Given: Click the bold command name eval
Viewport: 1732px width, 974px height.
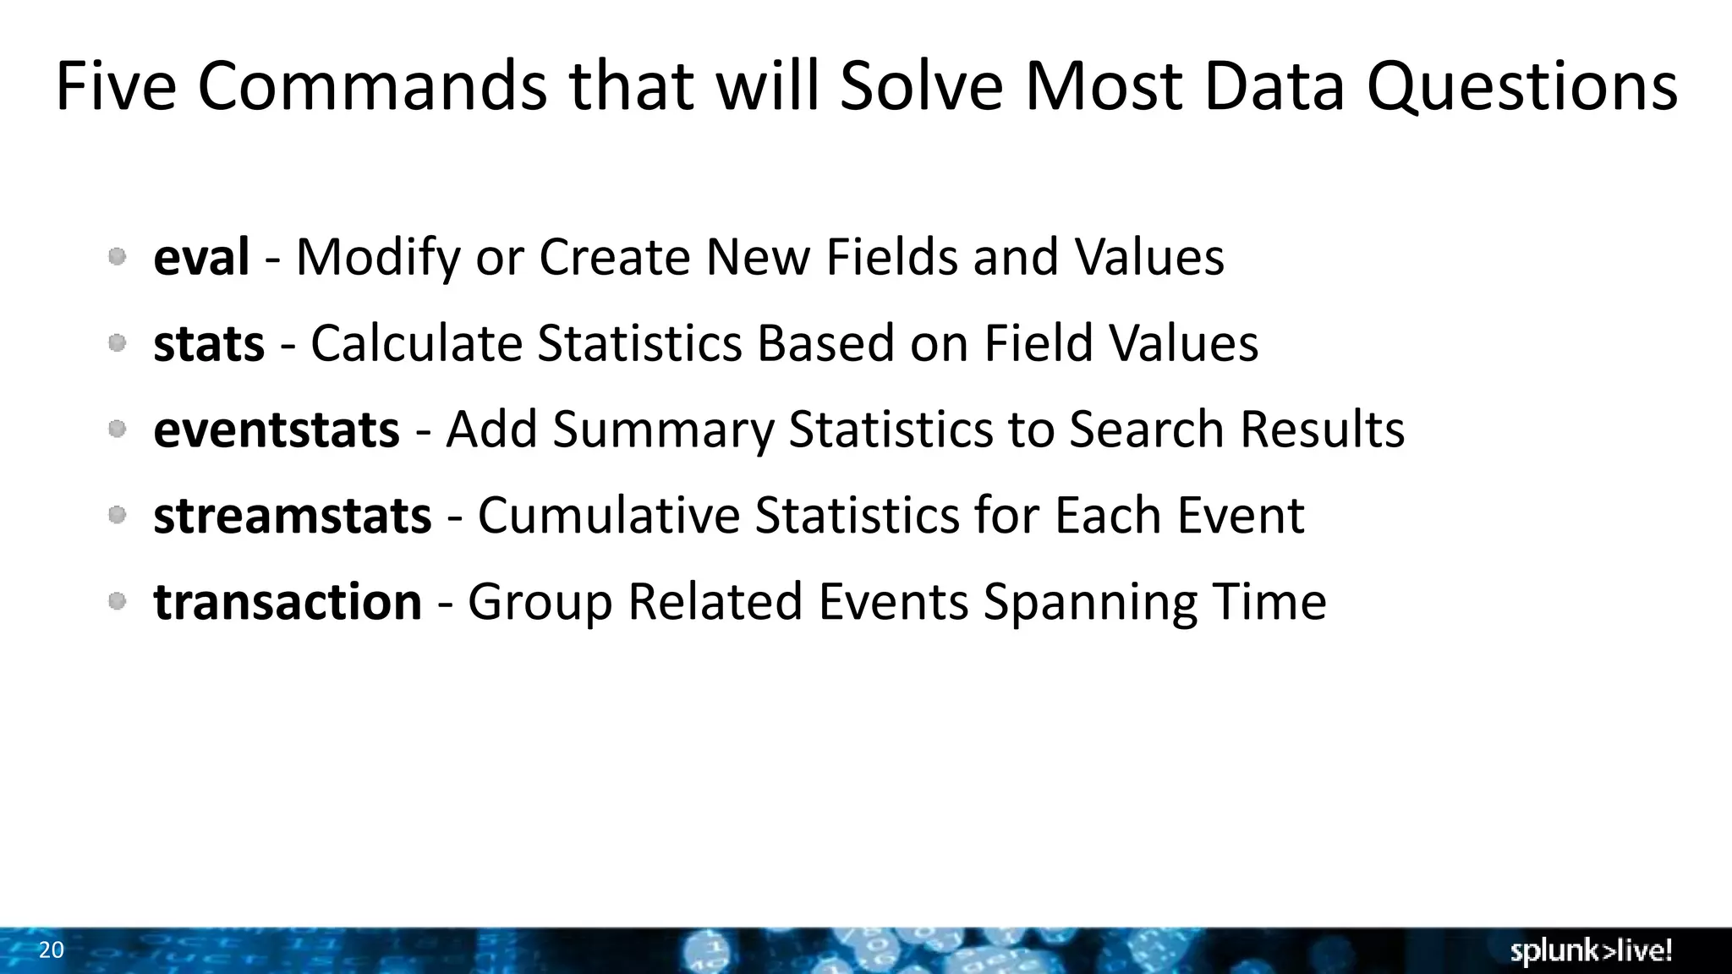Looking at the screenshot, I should (x=201, y=257).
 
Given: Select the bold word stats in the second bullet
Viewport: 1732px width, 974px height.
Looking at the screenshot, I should (x=209, y=343).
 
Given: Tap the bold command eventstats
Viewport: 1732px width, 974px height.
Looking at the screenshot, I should (x=276, y=430).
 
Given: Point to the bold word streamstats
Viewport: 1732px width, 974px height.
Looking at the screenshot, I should (x=292, y=515).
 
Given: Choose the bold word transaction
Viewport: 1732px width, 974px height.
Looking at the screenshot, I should (x=288, y=601).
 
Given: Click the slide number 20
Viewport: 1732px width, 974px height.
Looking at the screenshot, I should (x=52, y=950).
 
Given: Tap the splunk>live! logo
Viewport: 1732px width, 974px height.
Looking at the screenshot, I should (x=1591, y=951).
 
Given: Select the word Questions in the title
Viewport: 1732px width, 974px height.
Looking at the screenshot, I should (x=1522, y=86).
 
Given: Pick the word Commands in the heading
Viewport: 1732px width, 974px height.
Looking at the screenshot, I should (x=372, y=86).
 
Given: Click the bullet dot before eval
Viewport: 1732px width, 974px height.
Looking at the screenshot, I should (x=118, y=256).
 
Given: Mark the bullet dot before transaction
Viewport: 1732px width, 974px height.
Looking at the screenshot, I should (x=118, y=601).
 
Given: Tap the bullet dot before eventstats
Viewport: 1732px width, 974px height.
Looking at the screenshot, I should (x=118, y=430).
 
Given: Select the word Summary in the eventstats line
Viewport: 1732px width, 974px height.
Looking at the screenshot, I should (x=663, y=430).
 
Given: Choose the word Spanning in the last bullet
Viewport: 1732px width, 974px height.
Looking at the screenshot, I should (x=1090, y=601).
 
